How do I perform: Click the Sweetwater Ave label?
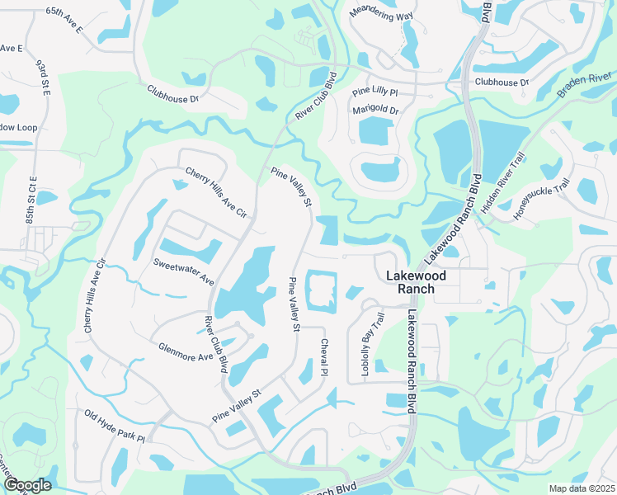coord(183,271)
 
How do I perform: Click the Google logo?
coord(26,485)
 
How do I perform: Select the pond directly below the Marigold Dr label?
coord(374,132)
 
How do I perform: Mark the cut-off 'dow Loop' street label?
coord(19,127)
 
